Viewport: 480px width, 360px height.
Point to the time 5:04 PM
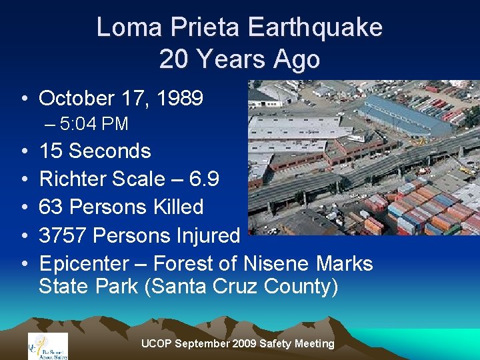(94, 124)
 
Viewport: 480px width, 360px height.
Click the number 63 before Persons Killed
(51, 207)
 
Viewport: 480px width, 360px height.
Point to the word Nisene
(277, 263)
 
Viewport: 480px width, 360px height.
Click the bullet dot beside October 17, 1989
(24, 99)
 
